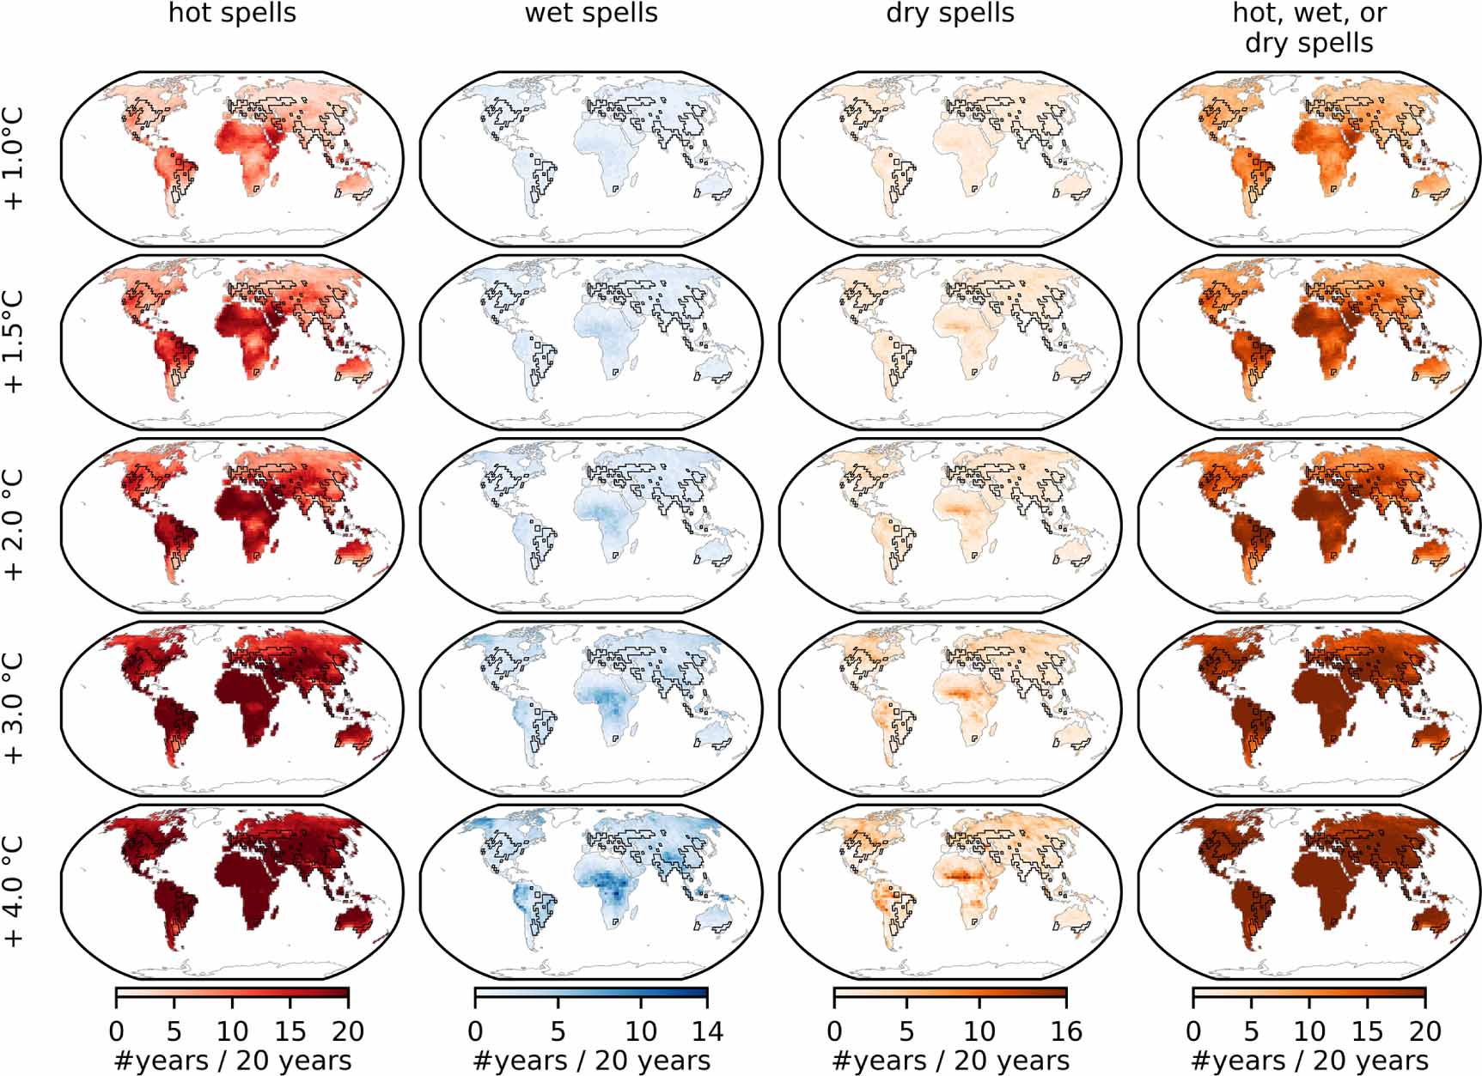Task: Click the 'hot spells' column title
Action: point(232,14)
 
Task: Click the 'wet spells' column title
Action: point(591,14)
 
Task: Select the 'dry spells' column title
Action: point(950,14)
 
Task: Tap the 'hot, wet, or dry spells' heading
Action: point(1309,27)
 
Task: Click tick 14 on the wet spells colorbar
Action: point(707,1030)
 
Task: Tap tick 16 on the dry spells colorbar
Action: point(1066,1030)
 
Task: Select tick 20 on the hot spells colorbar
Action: point(348,1030)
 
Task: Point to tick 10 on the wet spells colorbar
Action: point(641,1030)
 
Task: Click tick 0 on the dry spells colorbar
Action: point(834,1030)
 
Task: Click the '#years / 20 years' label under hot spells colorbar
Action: point(232,1061)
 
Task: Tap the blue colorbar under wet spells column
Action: point(591,996)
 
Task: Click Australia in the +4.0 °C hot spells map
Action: point(352,921)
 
